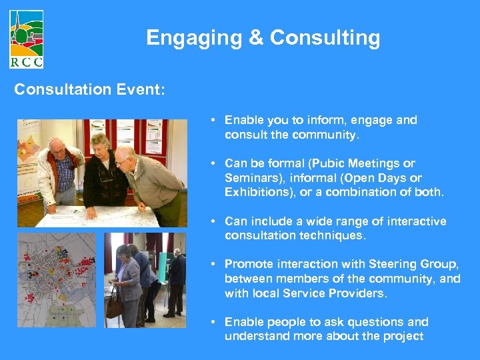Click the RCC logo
click(27, 39)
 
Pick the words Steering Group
click(382, 264)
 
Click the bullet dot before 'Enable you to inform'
click(211, 121)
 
